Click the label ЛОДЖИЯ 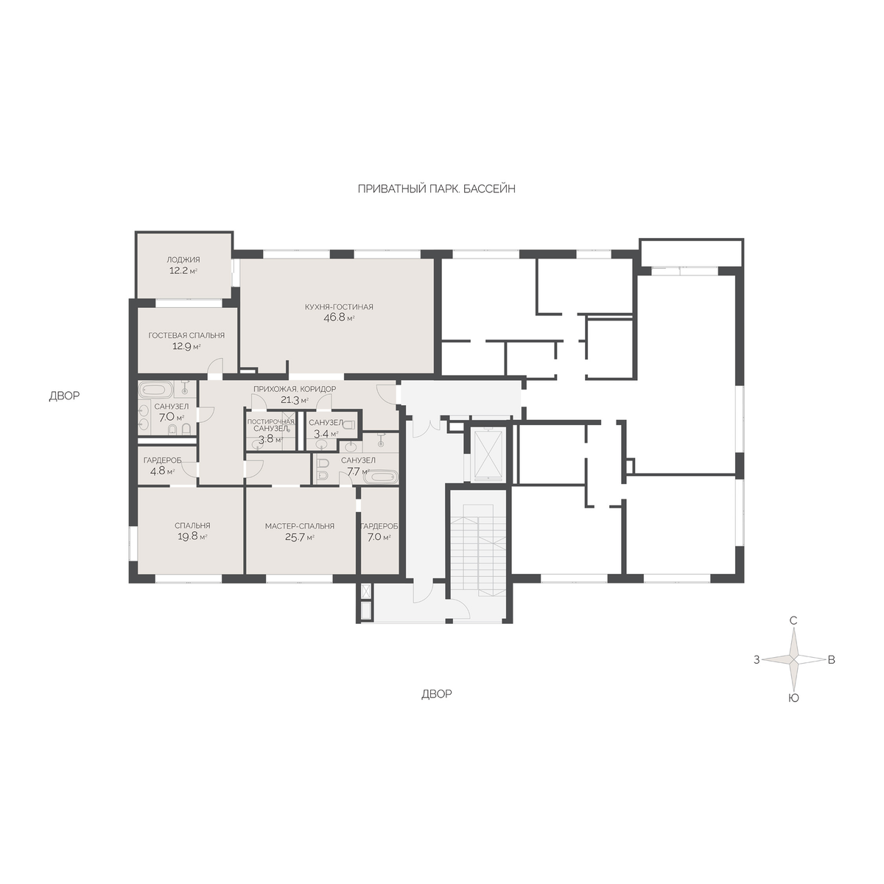(x=183, y=259)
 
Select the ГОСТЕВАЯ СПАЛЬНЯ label (x=186, y=335)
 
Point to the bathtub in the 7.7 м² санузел (x=380, y=477)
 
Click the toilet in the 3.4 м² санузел (x=349, y=424)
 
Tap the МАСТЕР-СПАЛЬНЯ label (x=300, y=526)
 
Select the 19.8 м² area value (x=192, y=536)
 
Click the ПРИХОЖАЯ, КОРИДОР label (x=295, y=389)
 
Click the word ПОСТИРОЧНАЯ (x=270, y=421)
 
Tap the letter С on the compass (x=793, y=621)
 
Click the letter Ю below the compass (x=793, y=698)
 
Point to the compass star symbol (x=793, y=659)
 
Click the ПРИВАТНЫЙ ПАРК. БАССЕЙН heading (x=436, y=189)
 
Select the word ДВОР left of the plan (x=64, y=396)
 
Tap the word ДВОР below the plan (x=437, y=694)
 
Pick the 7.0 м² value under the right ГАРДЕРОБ (x=378, y=537)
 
